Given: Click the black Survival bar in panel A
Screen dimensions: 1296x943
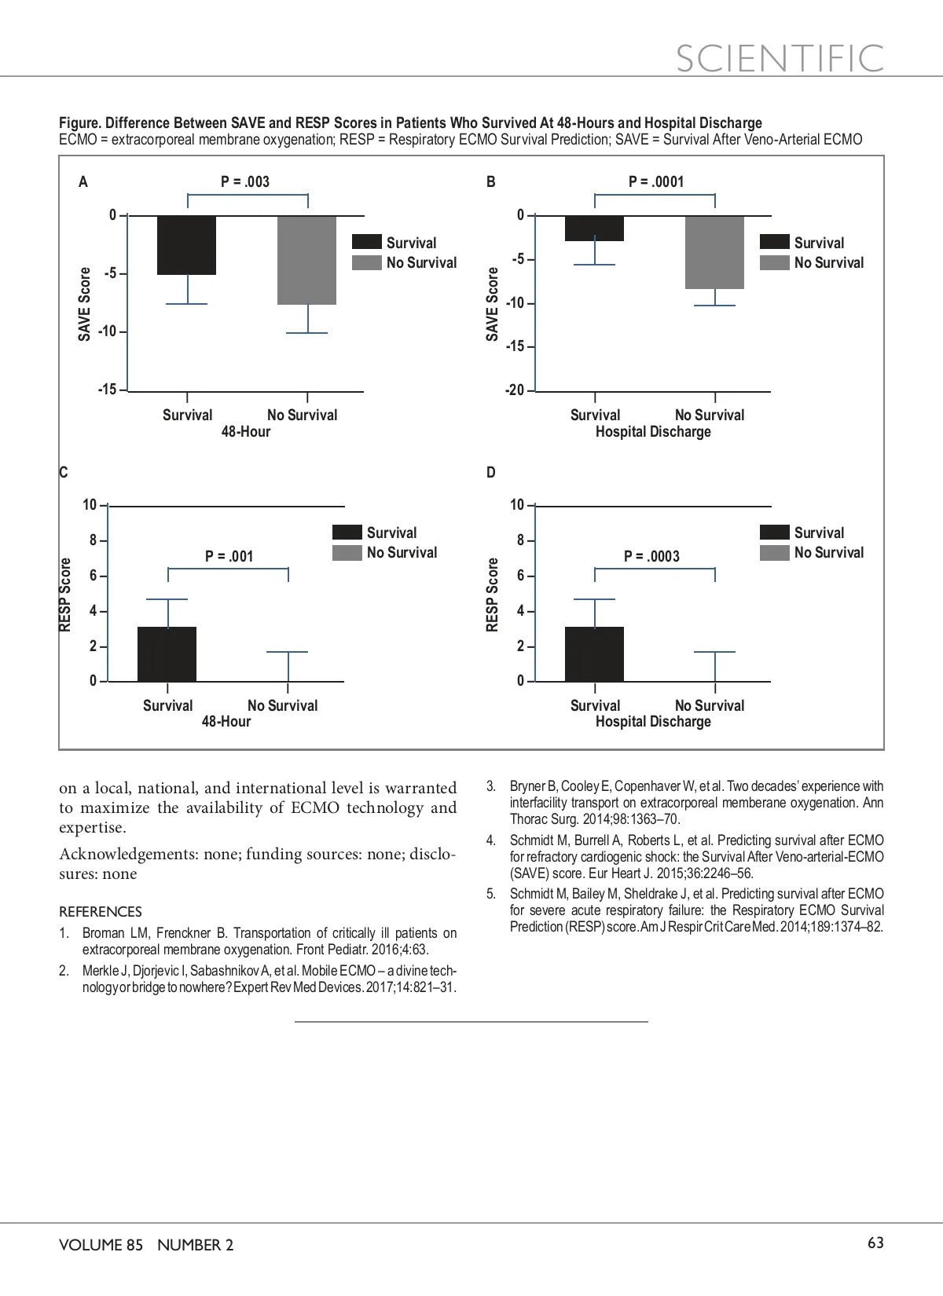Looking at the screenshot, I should click(x=187, y=245).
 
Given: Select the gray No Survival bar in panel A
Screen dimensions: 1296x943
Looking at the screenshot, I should click(x=307, y=260).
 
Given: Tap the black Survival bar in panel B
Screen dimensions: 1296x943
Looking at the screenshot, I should click(x=595, y=229).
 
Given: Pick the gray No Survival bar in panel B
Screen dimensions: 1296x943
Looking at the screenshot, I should click(x=714, y=252).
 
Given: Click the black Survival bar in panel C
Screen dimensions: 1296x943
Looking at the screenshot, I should click(x=167, y=654).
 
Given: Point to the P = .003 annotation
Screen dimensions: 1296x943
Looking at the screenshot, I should click(x=245, y=182).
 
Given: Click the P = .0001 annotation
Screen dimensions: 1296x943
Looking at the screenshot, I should click(x=656, y=182).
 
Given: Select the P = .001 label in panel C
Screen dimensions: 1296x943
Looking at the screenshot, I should click(x=229, y=557).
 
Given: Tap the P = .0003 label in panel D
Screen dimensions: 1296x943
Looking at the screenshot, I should click(x=651, y=557).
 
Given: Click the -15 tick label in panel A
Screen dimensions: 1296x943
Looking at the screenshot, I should click(x=108, y=390).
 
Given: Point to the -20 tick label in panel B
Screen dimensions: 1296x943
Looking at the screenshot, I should click(x=515, y=390).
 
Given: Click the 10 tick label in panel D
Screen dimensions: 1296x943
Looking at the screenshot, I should click(x=517, y=505).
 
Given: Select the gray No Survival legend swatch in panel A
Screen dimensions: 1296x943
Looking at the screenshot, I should click(x=367, y=263).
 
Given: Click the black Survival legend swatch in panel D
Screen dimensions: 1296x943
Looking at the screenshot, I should click(x=774, y=533).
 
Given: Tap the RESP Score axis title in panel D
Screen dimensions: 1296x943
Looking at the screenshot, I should click(x=493, y=595).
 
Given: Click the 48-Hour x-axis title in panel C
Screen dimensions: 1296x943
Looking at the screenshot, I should click(x=226, y=722).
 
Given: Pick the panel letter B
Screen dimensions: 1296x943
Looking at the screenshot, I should click(x=491, y=182).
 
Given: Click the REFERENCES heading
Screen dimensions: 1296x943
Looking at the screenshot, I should click(x=101, y=912).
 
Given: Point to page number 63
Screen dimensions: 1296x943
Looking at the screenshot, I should click(x=875, y=1243).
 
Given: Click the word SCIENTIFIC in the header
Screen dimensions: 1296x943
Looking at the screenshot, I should click(x=780, y=59).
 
